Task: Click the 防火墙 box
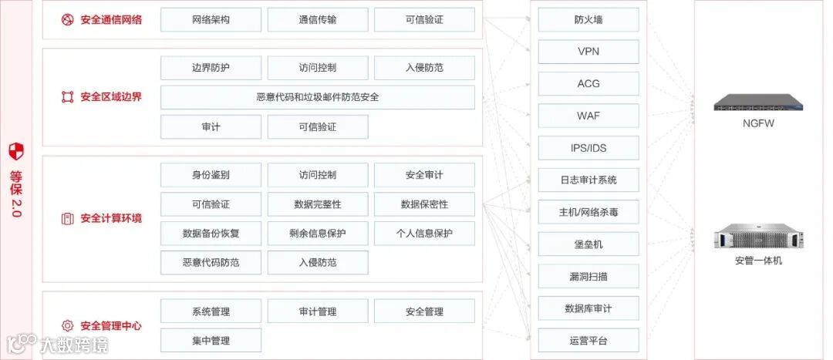pos(588,19)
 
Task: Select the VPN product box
pos(588,52)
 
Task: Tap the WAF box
pos(588,116)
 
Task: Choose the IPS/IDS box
pos(588,147)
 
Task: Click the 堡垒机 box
pos(588,244)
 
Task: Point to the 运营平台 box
pos(588,340)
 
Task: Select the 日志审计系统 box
pos(588,180)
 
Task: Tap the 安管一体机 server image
pos(757,234)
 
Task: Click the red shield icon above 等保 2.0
pos(16,150)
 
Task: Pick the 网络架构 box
pos(211,19)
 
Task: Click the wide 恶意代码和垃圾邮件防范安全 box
pos(317,97)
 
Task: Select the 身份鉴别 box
pos(211,175)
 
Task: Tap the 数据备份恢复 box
pos(211,234)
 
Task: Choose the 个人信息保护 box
pos(424,234)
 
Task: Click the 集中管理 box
pos(211,340)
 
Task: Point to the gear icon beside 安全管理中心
pos(67,325)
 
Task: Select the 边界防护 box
pos(211,68)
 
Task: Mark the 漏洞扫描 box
pos(588,276)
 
